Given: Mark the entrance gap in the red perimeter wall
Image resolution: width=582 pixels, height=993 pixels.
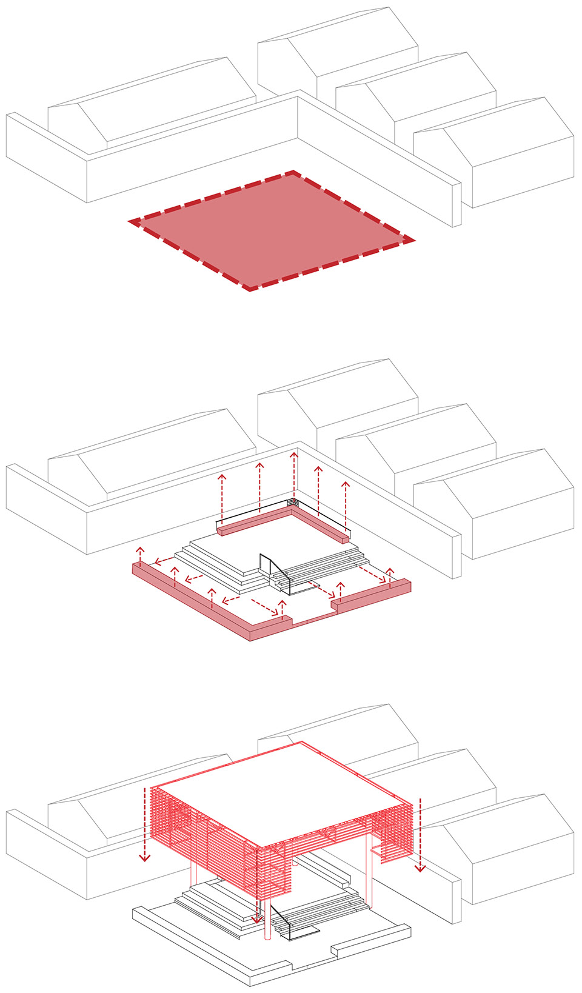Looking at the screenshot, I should [x=312, y=619].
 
